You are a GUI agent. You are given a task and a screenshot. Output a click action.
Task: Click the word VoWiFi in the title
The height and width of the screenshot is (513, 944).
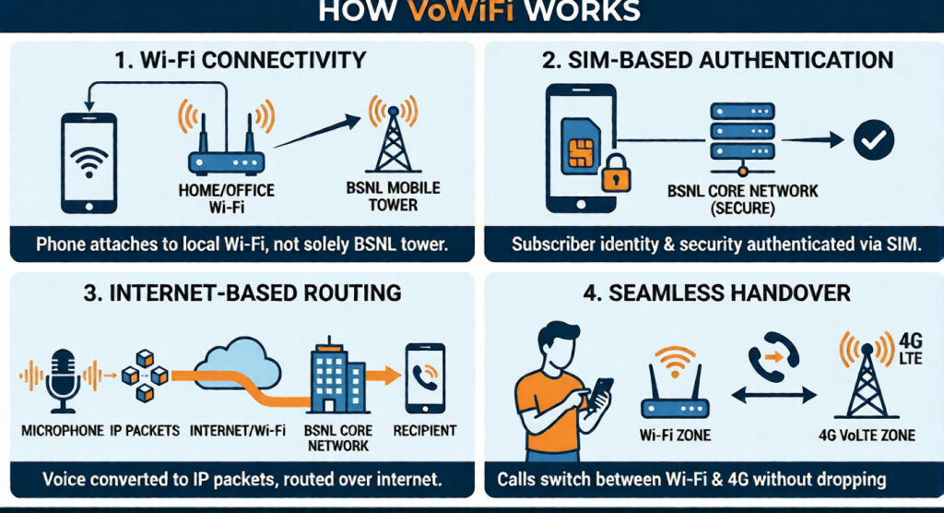(471, 11)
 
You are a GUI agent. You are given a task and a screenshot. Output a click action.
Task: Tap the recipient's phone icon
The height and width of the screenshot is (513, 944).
(426, 377)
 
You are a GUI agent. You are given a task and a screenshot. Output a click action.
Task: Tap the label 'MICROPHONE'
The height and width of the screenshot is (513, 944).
(57, 431)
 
